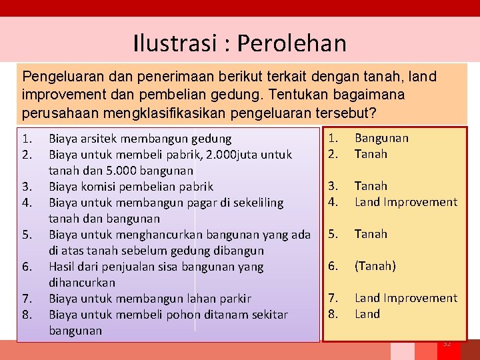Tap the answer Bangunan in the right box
tap(381, 138)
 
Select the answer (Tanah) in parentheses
tap(375, 266)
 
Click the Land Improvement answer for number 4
tap(405, 202)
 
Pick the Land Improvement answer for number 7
tap(405, 298)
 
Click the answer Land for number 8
tap(367, 314)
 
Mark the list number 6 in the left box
tap(27, 267)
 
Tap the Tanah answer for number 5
tap(371, 234)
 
